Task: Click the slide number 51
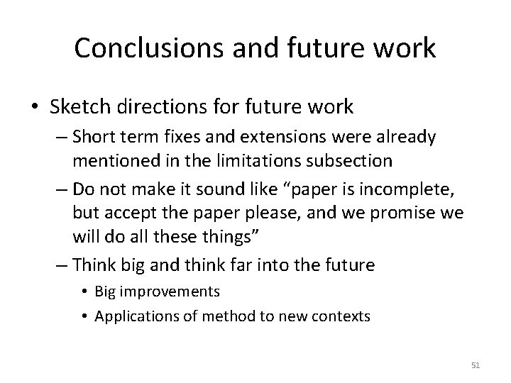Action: coord(476,365)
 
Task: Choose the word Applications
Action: coord(131,316)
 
